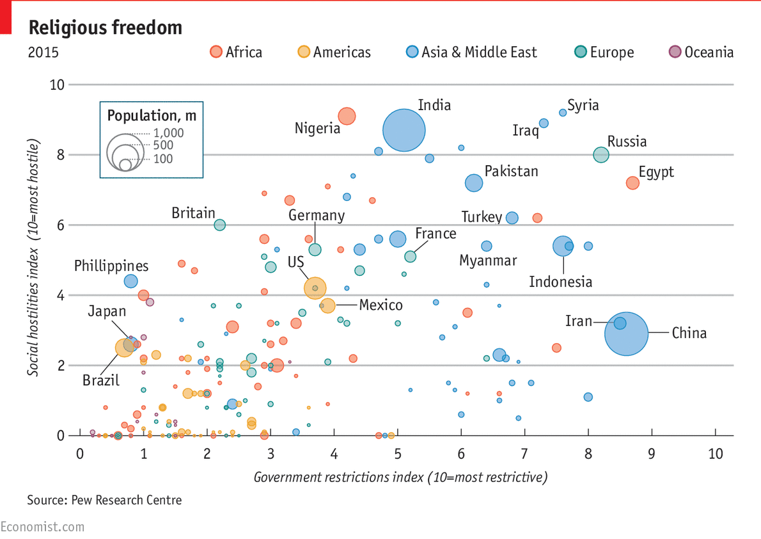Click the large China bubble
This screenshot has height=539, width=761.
[x=627, y=334]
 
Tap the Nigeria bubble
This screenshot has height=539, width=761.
[x=347, y=116]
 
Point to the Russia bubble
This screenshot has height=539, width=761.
[x=601, y=155]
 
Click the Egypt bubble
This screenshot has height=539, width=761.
[x=632, y=183]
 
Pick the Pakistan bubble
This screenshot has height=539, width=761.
[x=474, y=183]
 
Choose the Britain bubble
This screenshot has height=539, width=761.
[x=219, y=225]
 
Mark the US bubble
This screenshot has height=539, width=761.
[x=315, y=288]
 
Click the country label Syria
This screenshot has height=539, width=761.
[x=583, y=106]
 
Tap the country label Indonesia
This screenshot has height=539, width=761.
[x=561, y=282]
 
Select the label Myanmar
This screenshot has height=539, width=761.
[x=488, y=261]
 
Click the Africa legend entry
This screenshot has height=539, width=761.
[x=237, y=52]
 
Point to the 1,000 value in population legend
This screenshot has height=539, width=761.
[x=169, y=133]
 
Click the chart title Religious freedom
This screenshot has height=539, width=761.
[x=106, y=28]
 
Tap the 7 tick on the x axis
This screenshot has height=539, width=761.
[x=524, y=454]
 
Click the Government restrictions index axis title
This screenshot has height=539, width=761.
[x=401, y=478]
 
